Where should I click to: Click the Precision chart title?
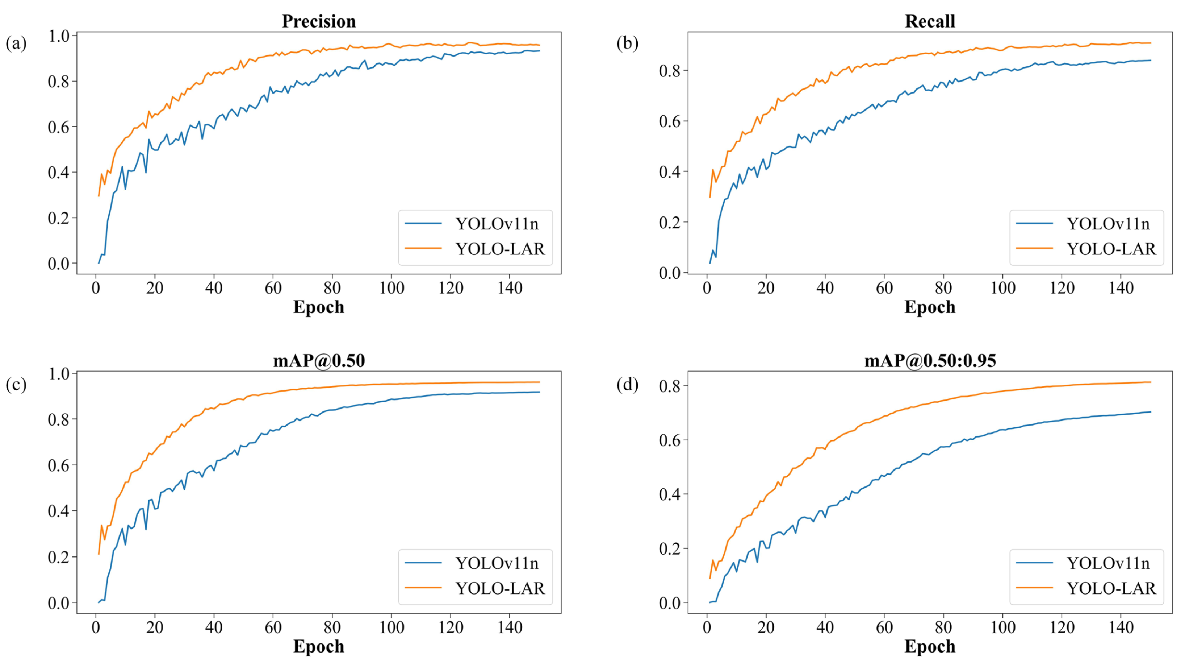(x=319, y=21)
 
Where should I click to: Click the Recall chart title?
(x=930, y=21)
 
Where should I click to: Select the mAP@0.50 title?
(x=319, y=360)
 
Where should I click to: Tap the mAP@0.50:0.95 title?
(x=930, y=360)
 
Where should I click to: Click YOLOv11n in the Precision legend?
(x=497, y=224)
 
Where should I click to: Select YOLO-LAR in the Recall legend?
(x=1111, y=249)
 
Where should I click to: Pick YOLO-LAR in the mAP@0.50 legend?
(x=500, y=588)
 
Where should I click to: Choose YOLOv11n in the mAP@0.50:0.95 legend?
(x=1108, y=563)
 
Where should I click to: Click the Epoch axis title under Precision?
(x=319, y=307)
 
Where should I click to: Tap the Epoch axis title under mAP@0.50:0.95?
(x=930, y=646)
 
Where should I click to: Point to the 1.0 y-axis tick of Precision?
(x=59, y=36)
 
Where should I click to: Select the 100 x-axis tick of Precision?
(x=391, y=288)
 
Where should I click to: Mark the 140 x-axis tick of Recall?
(x=1121, y=288)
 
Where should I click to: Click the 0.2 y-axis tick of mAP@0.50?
(x=59, y=557)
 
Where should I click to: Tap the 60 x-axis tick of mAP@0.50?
(x=273, y=627)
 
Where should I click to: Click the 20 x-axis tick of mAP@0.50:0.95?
(x=766, y=627)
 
